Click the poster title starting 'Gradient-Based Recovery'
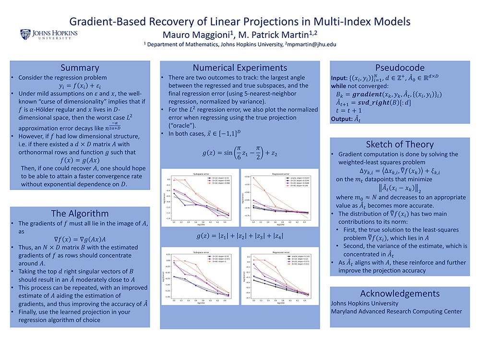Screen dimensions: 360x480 pos(240,21)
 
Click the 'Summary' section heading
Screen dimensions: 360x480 pos(80,67)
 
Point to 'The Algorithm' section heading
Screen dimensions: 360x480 pos(80,214)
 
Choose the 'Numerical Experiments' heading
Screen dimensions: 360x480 pos(240,68)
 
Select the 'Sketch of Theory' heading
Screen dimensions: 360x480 pos(399,144)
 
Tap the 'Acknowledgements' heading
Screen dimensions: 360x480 pos(399,293)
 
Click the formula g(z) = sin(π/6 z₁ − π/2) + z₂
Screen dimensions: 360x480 pos(240,154)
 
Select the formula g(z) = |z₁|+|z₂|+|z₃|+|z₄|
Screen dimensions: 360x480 pos(240,236)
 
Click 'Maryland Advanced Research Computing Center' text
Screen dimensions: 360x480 pos(396,311)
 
